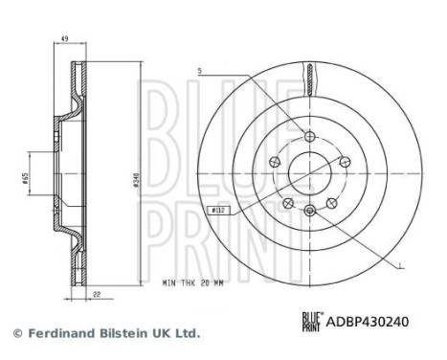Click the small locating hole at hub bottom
pyautogui.click(x=309, y=210)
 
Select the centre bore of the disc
pyautogui.click(x=309, y=170)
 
